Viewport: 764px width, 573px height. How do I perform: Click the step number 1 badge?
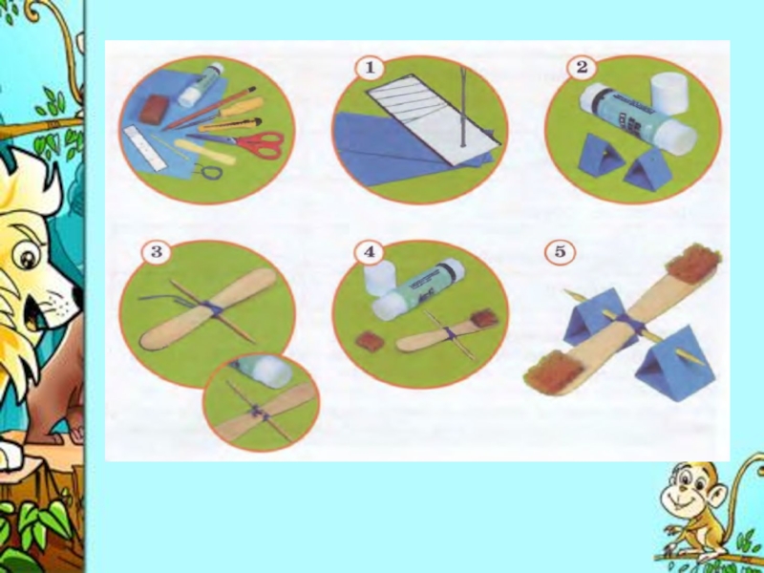tap(370, 67)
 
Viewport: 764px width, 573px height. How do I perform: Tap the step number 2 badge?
tap(582, 67)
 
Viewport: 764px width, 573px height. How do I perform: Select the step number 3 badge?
tap(156, 252)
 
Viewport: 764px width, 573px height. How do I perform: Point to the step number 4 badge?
tap(369, 252)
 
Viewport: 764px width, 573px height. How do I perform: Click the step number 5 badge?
tap(560, 252)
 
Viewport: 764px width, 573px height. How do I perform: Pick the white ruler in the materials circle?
tap(145, 148)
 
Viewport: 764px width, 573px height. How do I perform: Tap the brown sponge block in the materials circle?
tap(154, 109)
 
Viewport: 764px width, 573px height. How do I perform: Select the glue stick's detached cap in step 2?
tap(669, 93)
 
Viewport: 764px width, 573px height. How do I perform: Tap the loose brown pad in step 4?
tap(371, 342)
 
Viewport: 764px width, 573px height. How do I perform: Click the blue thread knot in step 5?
tap(629, 324)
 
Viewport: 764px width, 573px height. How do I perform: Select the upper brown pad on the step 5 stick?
tap(692, 265)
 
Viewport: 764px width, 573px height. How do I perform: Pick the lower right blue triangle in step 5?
tap(675, 365)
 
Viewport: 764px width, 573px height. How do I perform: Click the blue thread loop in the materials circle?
tap(206, 172)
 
